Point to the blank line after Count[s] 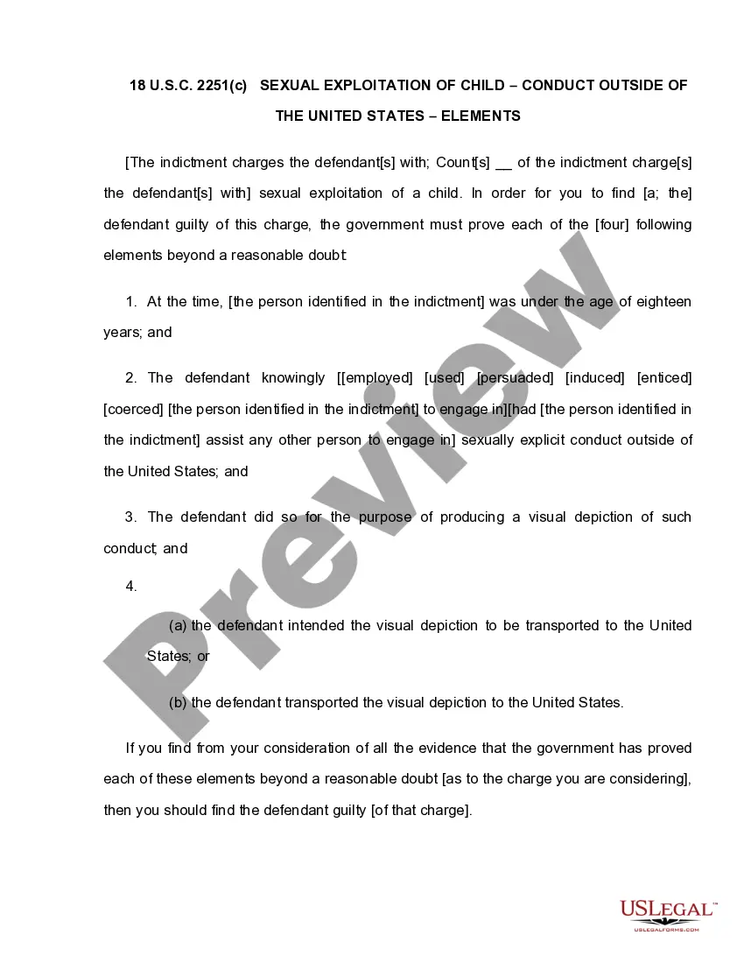click(x=503, y=163)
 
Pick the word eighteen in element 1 click(x=663, y=301)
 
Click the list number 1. click(x=131, y=301)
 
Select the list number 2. click(x=131, y=377)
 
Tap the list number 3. click(x=131, y=517)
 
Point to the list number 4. click(x=131, y=587)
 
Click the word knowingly click(x=293, y=377)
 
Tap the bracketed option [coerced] click(x=133, y=409)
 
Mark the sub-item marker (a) click(x=178, y=625)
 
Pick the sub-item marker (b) click(x=178, y=702)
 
